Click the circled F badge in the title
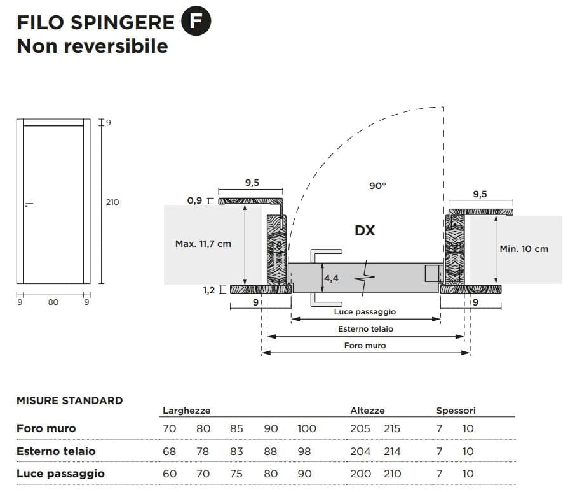click(196, 22)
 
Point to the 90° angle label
click(377, 186)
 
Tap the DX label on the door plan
click(365, 230)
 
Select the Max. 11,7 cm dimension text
click(203, 244)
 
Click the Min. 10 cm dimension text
click(524, 249)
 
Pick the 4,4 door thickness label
click(331, 278)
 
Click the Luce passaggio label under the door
click(365, 312)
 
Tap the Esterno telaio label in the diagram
click(365, 329)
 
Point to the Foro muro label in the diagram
click(365, 346)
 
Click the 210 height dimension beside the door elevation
click(112, 202)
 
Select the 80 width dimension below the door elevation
click(53, 302)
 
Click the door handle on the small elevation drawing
click(28, 205)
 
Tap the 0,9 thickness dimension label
click(194, 200)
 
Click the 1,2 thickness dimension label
click(209, 290)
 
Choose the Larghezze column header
click(186, 411)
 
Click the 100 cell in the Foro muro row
click(306, 428)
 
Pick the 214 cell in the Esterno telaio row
click(392, 451)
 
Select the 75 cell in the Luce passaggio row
click(236, 474)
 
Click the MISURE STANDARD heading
click(69, 400)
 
